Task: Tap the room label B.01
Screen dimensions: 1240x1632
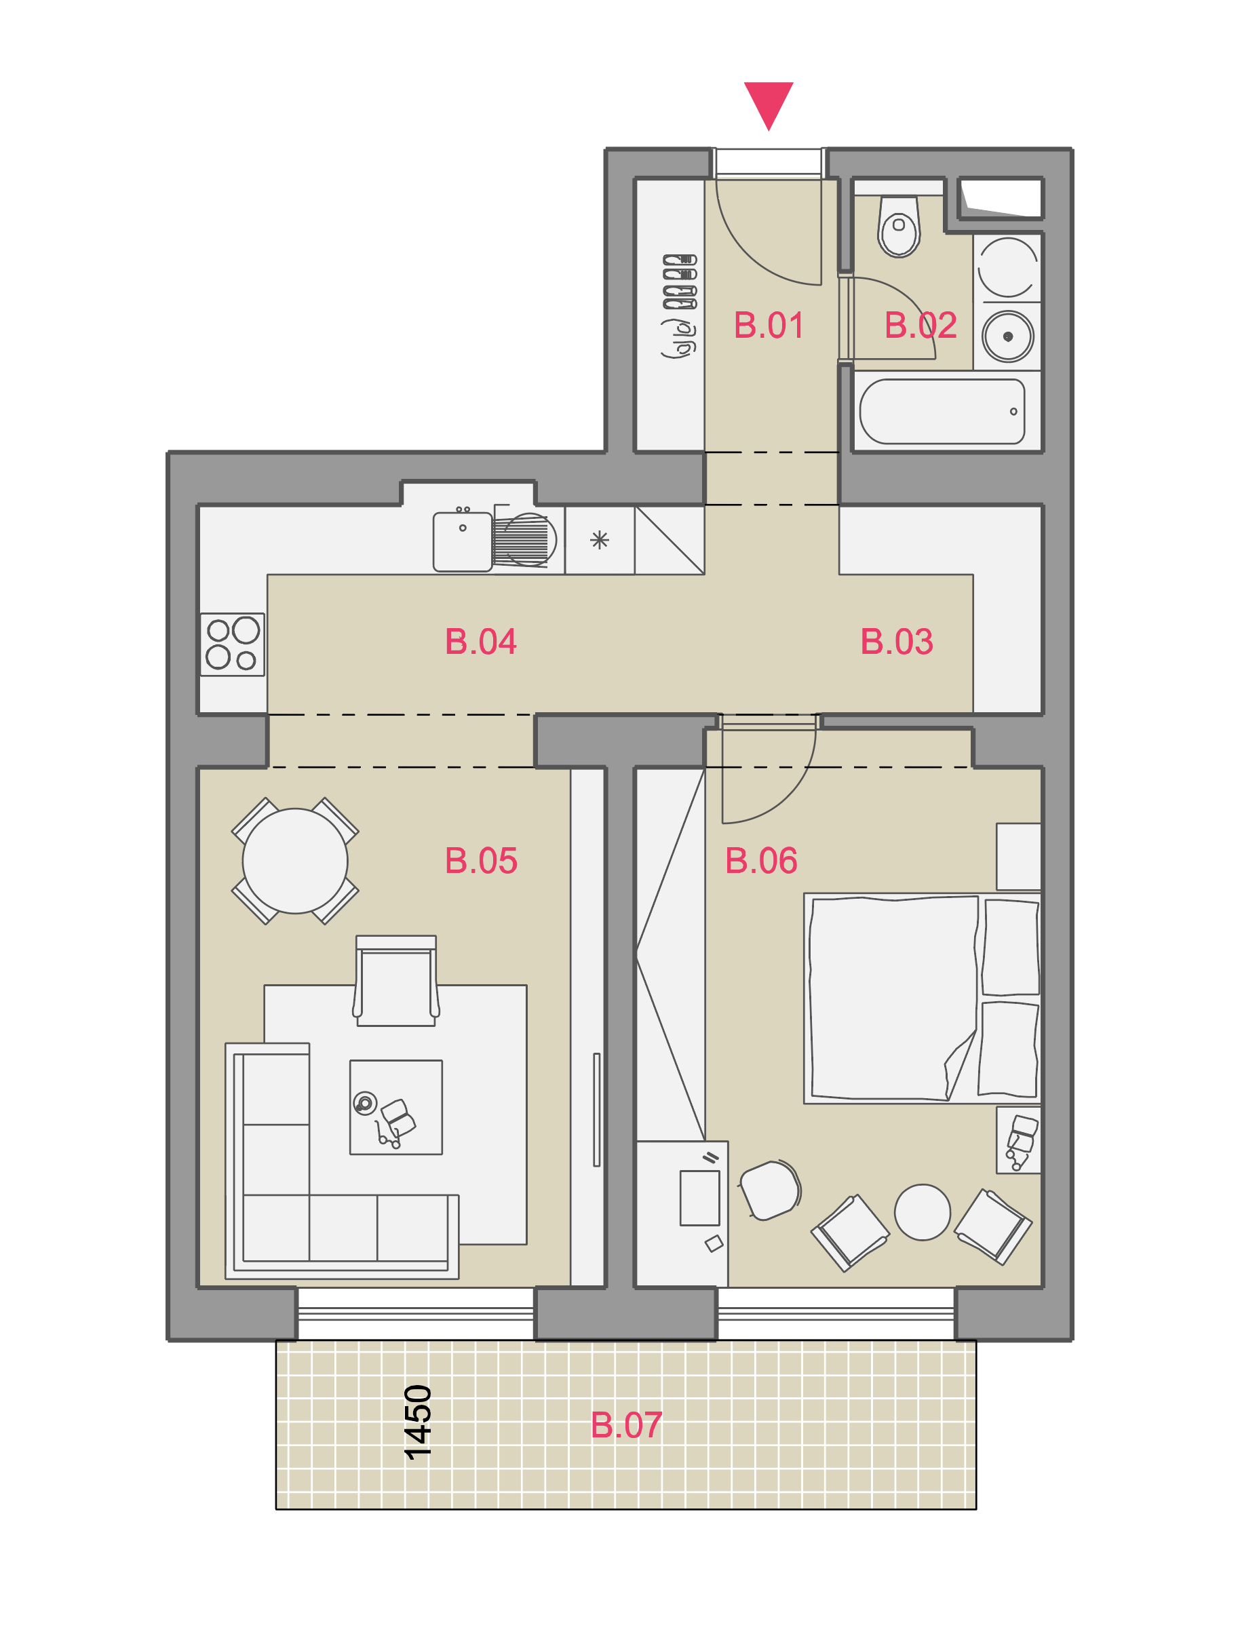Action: coord(769,326)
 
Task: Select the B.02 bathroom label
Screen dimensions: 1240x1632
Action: coord(921,326)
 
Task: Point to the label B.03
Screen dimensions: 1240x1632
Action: coord(897,642)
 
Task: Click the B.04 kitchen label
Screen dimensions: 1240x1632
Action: coord(480,642)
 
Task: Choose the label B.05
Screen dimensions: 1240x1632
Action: coord(481,861)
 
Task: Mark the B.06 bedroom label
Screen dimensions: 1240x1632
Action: coord(761,861)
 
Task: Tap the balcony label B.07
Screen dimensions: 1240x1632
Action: coord(626,1425)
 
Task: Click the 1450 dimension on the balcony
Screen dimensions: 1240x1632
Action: coord(418,1422)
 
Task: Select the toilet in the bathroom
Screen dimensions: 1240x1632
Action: coord(898,225)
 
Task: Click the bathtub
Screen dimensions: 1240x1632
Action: coord(942,411)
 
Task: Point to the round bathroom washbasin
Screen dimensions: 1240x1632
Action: coord(1007,336)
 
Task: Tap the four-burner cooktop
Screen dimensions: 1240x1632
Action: coord(233,644)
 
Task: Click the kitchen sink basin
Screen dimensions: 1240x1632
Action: coord(463,542)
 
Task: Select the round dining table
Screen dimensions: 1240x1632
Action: coord(295,861)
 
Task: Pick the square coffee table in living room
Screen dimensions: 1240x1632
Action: coord(395,1107)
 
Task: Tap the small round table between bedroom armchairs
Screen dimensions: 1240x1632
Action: coord(922,1212)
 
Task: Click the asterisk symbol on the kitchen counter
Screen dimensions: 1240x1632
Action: coord(600,541)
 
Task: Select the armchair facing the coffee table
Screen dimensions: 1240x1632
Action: coord(395,981)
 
